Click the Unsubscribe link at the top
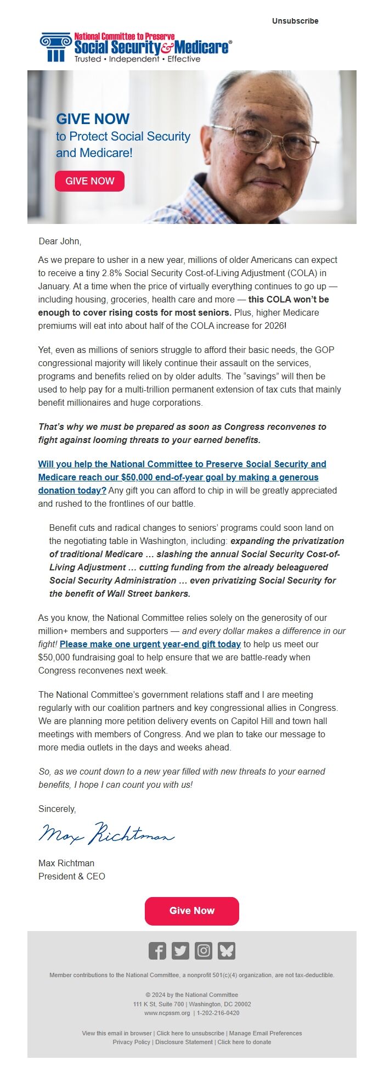295,21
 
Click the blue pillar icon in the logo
55,47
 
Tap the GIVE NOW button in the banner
90,181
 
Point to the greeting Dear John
60,241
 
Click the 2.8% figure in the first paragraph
113,273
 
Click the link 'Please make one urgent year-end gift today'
150,644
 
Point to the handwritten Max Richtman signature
106,835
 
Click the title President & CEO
72,876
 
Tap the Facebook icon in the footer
157,951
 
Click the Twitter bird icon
180,951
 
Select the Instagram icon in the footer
204,951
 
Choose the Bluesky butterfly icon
227,951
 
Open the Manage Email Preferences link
266,1033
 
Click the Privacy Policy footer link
131,1042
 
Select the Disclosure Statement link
184,1042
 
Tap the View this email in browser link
117,1033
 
